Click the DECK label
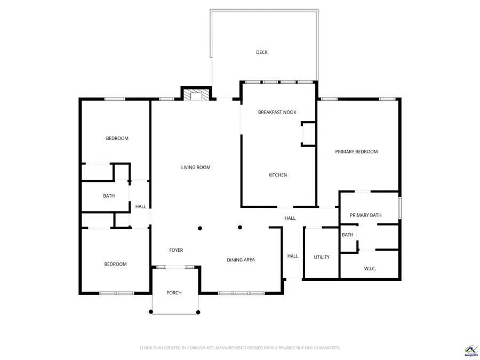(x=261, y=52)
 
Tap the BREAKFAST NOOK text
(x=277, y=112)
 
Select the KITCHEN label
(x=277, y=175)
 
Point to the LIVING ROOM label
(x=196, y=167)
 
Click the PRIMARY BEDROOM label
(x=356, y=151)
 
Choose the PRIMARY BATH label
(x=365, y=215)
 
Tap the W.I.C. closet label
(x=370, y=269)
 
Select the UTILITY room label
(x=322, y=257)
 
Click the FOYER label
(x=176, y=250)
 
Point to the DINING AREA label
(x=241, y=260)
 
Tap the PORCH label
(x=174, y=293)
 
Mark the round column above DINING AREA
(x=240, y=228)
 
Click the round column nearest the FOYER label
(x=200, y=228)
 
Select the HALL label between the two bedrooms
(x=140, y=206)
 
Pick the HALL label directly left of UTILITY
(x=293, y=256)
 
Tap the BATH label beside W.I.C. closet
(x=347, y=235)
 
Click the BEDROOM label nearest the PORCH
(x=115, y=264)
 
